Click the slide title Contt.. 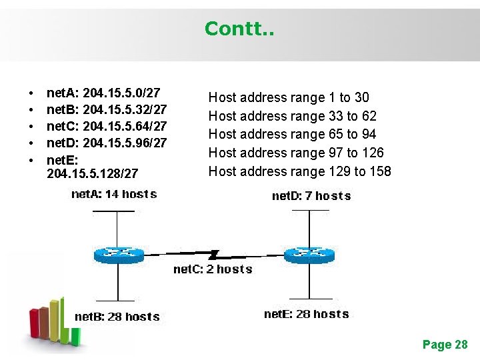pos(238,29)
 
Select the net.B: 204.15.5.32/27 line pos(107,109)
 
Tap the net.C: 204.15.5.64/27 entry pos(107,125)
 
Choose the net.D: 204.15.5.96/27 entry pos(107,142)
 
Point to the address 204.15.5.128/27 pos(93,173)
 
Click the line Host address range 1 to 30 pos(289,98)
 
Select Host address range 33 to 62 pos(292,116)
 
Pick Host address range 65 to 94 pos(292,134)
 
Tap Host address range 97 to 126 pos(296,153)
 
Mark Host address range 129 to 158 pos(299,171)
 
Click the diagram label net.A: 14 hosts pos(114,195)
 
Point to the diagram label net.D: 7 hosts pos(311,196)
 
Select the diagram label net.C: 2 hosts pos(213,269)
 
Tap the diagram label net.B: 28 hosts pos(117,317)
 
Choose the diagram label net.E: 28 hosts pos(306,314)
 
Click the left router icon pos(118,254)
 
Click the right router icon pos(309,254)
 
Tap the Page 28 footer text pos(445,345)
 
